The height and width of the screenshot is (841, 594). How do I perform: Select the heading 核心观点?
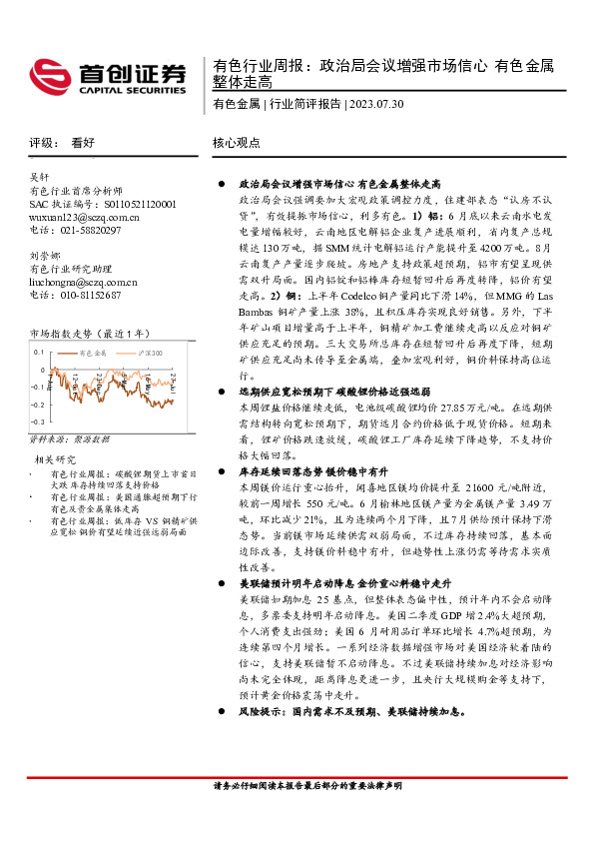238,144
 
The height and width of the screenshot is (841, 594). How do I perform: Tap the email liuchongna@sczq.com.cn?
95,283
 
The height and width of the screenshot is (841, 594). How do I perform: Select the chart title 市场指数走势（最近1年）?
92,334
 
